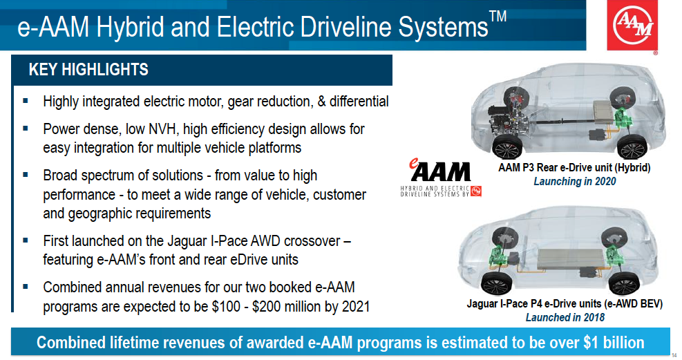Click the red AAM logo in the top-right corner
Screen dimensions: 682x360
point(632,25)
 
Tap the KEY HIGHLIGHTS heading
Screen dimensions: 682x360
point(88,70)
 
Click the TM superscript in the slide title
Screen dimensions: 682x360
point(498,17)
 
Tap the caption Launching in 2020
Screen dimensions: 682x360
point(575,181)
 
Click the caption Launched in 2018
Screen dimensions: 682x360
point(565,317)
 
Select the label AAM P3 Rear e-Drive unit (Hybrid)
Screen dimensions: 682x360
point(574,168)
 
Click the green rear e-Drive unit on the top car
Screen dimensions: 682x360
point(625,118)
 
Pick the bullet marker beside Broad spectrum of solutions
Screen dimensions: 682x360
point(26,176)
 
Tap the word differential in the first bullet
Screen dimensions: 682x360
point(359,102)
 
